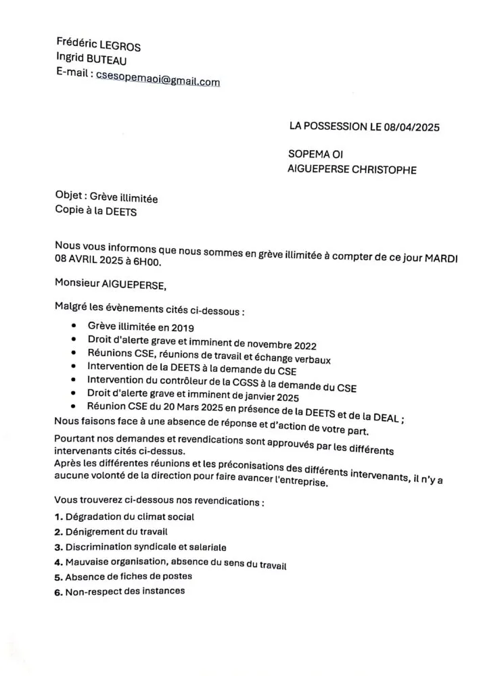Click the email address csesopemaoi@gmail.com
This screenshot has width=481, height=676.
pyautogui.click(x=158, y=80)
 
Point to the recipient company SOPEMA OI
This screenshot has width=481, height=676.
pyautogui.click(x=315, y=155)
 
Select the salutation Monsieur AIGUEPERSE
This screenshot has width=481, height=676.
pyautogui.click(x=110, y=284)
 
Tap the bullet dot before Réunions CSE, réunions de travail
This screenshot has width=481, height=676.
pyautogui.click(x=72, y=353)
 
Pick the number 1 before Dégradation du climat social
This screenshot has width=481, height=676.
pyautogui.click(x=58, y=517)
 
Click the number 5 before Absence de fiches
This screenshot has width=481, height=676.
pyautogui.click(x=58, y=577)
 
